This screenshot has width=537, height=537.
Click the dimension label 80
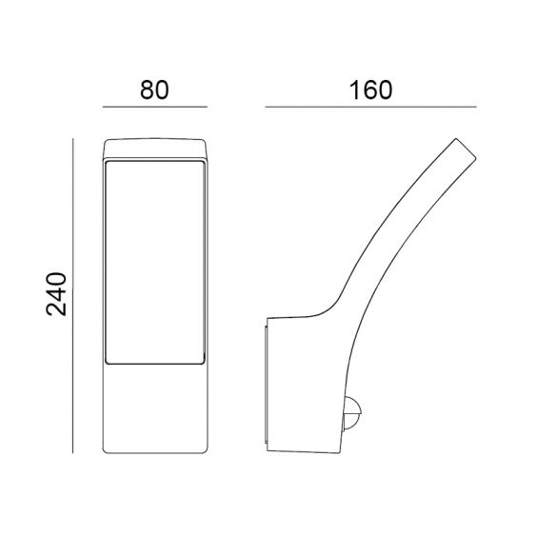point(154,90)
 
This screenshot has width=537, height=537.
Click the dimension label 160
point(370,90)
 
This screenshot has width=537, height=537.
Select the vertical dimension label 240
point(56,294)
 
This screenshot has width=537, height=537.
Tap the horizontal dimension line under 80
point(155,107)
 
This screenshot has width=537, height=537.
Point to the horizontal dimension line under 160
point(371,107)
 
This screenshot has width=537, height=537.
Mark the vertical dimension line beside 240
point(73,295)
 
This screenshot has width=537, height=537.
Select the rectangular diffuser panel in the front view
point(155,262)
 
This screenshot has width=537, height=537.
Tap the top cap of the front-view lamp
point(155,149)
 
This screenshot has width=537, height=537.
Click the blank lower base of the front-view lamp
point(155,408)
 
